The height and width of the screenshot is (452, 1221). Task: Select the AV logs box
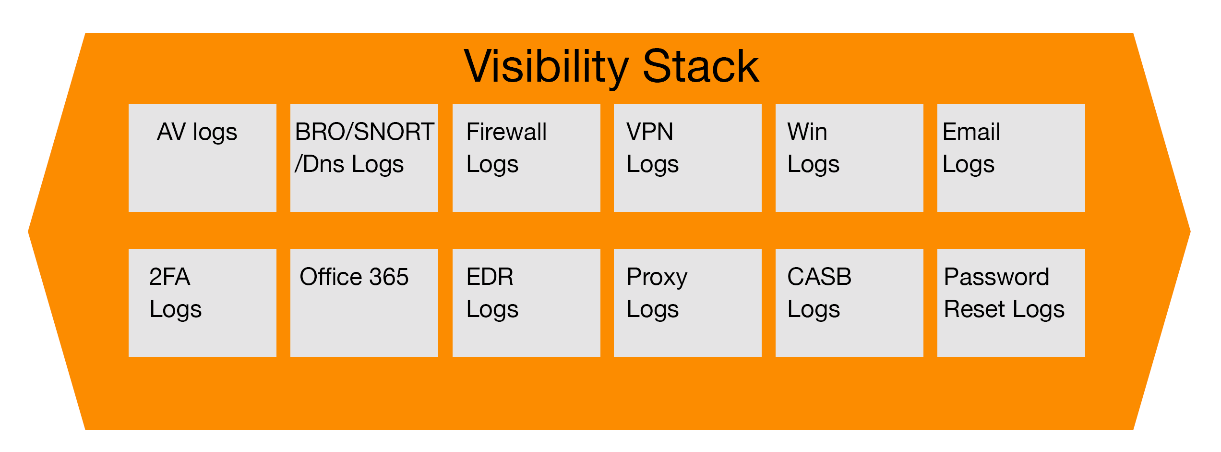tap(202, 158)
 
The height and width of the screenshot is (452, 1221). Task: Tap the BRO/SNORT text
tap(364, 132)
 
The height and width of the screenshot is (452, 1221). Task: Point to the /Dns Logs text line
tap(349, 164)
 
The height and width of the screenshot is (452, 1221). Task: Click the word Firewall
tap(506, 132)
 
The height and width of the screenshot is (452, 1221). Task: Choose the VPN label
tap(649, 132)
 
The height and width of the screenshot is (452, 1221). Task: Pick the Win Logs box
tap(849, 158)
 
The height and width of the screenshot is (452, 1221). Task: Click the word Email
tap(970, 132)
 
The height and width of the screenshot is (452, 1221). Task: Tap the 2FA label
tap(169, 277)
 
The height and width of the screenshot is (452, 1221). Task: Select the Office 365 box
tap(364, 303)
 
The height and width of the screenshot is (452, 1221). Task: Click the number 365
tap(389, 277)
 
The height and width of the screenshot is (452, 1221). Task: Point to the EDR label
tap(490, 277)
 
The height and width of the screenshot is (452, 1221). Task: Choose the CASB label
tap(819, 277)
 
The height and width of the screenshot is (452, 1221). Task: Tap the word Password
tap(996, 277)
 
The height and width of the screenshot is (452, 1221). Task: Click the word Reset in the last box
tap(974, 309)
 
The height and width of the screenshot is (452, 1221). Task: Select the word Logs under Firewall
tap(492, 165)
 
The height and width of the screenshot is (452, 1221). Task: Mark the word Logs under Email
tap(968, 165)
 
